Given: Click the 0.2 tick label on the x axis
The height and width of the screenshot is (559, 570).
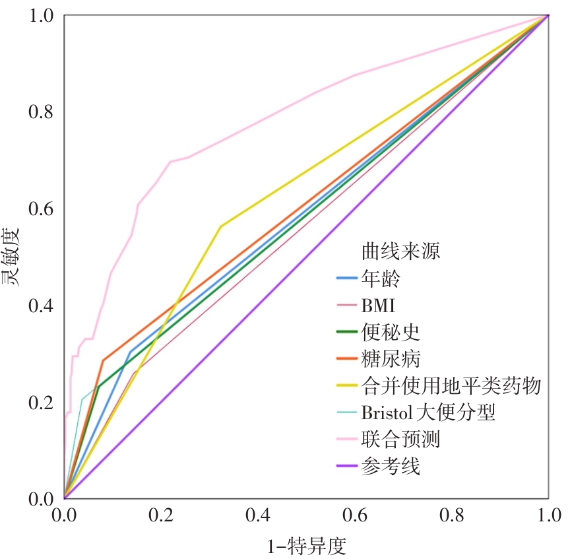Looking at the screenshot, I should (161, 515).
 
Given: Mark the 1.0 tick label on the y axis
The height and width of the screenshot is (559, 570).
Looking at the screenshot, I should (41, 15).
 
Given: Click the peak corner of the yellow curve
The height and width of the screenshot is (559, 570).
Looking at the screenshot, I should (220, 226).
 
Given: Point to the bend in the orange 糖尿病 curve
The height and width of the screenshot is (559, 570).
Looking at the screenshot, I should (103, 360).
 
